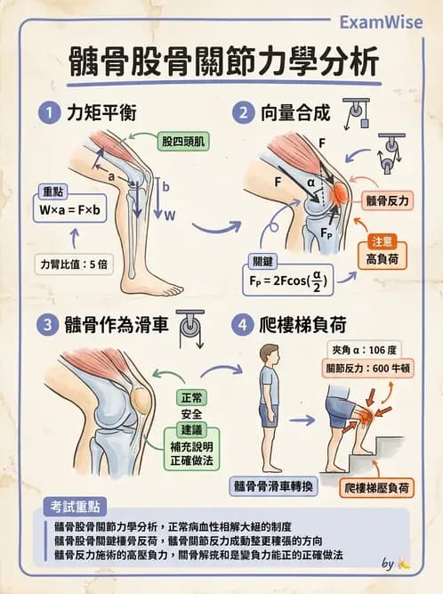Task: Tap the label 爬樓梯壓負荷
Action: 378,487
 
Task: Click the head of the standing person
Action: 268,354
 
